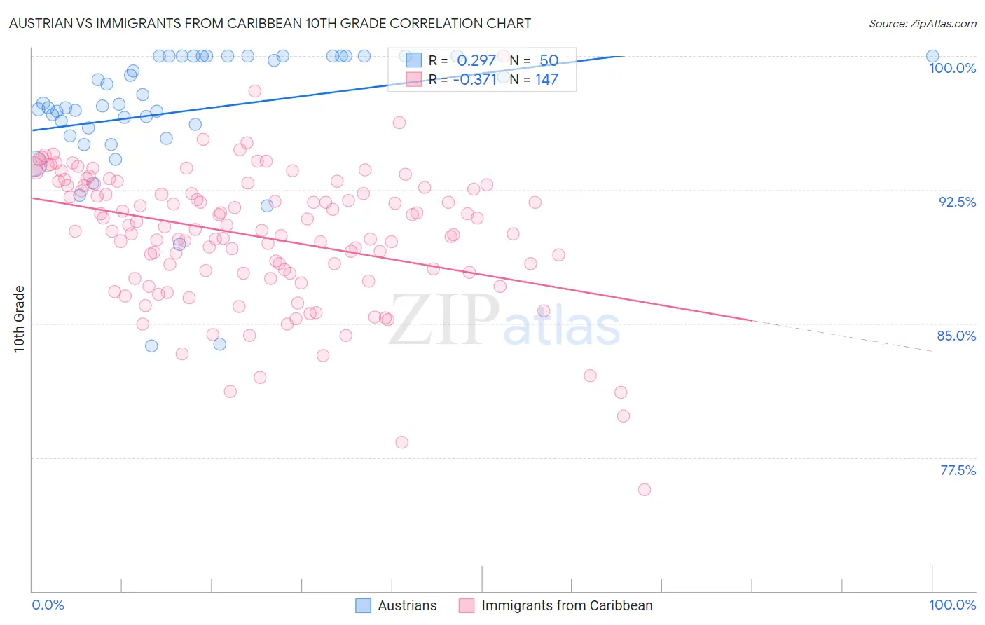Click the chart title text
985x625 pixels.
[270, 23]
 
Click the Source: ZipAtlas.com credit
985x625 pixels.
[922, 23]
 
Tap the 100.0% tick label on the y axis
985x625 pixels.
[952, 68]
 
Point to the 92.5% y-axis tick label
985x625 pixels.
[957, 202]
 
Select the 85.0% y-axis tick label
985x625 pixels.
[956, 336]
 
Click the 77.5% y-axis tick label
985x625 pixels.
[958, 470]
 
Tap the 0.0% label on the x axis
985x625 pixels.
[48, 605]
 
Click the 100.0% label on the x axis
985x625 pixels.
[952, 605]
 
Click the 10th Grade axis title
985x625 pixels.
[19, 319]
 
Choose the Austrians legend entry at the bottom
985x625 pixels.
[396, 605]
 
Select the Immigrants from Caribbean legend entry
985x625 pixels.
[556, 605]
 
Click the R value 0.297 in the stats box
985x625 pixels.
[476, 60]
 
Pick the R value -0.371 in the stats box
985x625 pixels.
[474, 79]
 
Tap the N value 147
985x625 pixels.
[546, 79]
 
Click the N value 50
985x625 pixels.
[549, 60]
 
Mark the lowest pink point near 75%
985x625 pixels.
[645, 490]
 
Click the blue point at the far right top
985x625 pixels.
[932, 56]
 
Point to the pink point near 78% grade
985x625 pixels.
[401, 442]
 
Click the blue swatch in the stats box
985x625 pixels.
[414, 60]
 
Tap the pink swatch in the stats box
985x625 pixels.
[414, 79]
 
